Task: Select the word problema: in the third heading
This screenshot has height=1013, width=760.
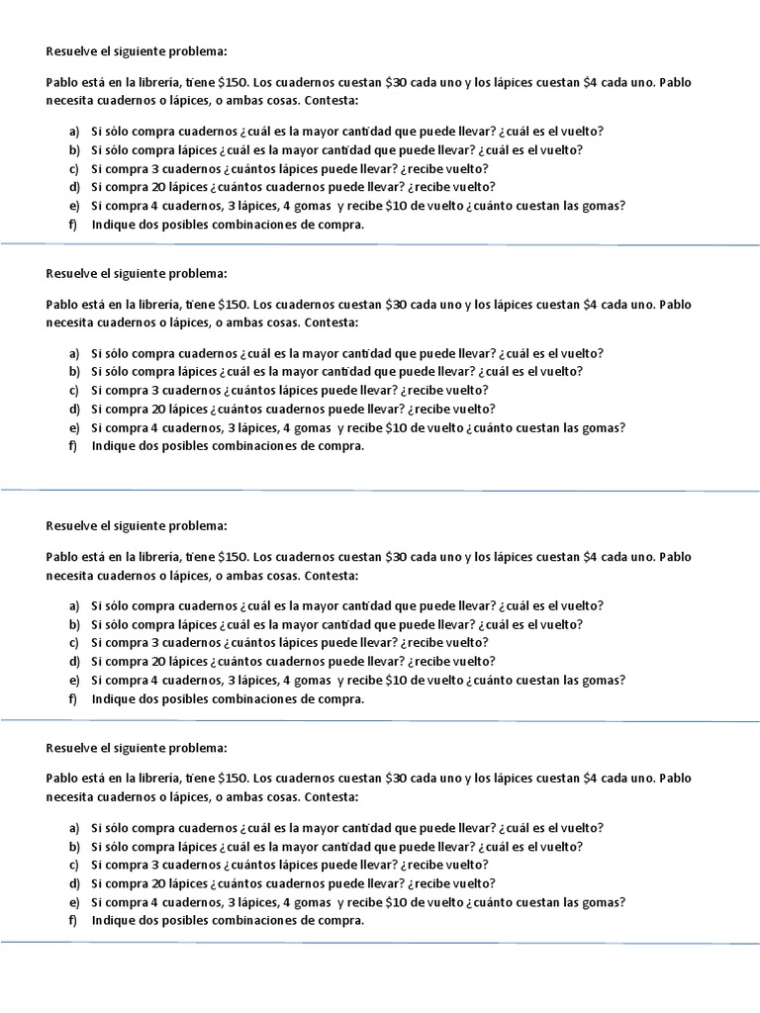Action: pos(201,525)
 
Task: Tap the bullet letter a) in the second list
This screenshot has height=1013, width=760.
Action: pos(73,353)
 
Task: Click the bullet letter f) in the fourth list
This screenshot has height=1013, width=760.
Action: pos(73,921)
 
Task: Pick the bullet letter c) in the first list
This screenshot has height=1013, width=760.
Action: pos(73,169)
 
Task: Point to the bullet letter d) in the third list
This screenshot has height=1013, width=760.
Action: pos(73,662)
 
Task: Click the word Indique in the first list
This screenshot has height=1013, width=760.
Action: pos(113,225)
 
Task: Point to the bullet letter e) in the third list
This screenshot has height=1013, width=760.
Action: pos(73,681)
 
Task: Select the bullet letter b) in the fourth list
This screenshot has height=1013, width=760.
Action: pos(73,847)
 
